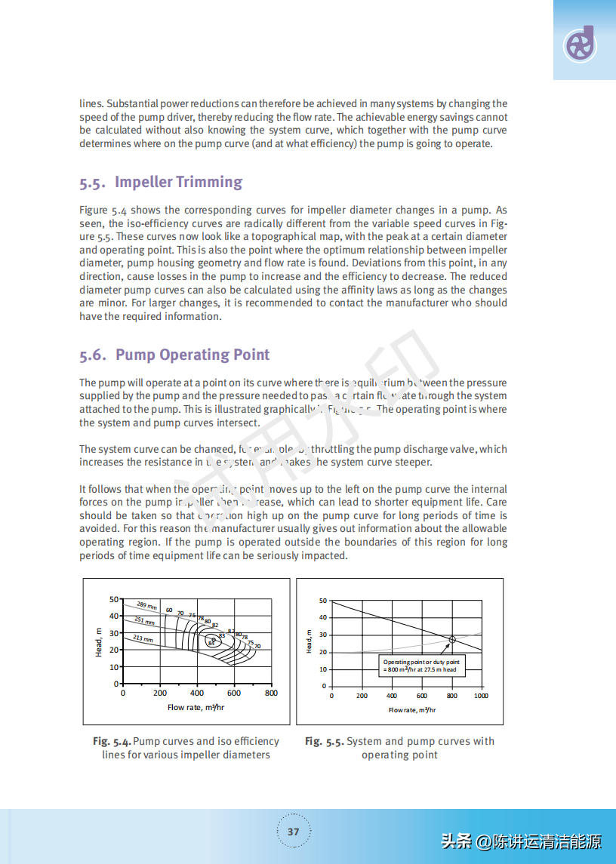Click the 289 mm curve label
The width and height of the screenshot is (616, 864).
click(146, 605)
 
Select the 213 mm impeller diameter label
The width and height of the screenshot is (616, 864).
click(143, 638)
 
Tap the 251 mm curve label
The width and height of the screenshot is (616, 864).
click(144, 621)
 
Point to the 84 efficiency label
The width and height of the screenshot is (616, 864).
click(212, 643)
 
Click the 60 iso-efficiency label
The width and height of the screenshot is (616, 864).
click(169, 610)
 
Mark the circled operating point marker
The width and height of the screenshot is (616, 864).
click(452, 639)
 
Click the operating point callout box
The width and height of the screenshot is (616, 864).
click(420, 666)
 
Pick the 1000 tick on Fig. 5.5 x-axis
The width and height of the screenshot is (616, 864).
click(481, 696)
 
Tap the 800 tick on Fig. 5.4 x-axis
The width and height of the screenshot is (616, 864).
click(271, 693)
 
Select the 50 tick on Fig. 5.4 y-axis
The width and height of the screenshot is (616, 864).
click(115, 599)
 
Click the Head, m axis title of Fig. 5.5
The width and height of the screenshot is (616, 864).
click(310, 642)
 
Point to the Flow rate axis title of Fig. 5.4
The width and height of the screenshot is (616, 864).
click(196, 707)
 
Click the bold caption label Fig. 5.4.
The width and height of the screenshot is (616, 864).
click(112, 741)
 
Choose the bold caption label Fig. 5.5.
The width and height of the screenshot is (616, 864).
click(324, 741)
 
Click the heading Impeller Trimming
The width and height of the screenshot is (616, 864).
click(178, 182)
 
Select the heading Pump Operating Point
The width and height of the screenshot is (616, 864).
click(192, 355)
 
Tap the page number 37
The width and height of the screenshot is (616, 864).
click(294, 832)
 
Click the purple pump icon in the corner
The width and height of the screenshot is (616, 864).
click(581, 45)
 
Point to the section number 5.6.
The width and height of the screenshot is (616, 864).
click(93, 355)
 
